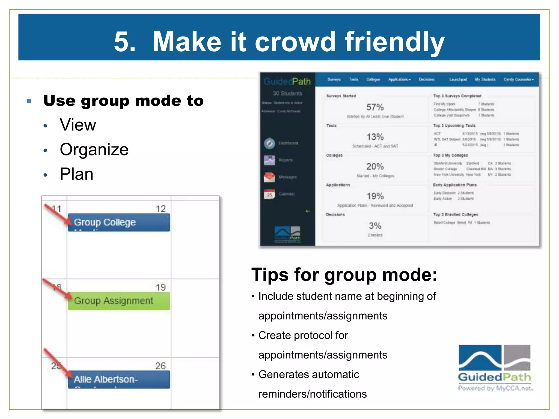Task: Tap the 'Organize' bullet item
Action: point(94,149)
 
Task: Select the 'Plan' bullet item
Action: point(76,174)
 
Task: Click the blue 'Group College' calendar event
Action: point(119,222)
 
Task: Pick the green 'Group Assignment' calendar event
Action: point(119,301)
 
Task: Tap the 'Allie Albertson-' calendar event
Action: point(119,379)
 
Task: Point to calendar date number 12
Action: point(160,209)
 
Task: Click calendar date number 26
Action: point(160,366)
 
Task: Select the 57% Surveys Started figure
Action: point(375,107)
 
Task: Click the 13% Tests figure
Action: point(375,137)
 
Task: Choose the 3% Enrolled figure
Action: point(375,226)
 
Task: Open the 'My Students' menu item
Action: point(485,79)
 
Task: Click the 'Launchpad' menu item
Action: point(458,79)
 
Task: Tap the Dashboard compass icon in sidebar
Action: point(270,143)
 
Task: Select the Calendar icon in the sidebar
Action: point(270,194)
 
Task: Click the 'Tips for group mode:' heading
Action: point(344,274)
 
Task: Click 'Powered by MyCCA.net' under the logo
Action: point(495,388)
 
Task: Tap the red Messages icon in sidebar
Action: point(270,177)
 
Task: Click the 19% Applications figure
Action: point(375,196)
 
